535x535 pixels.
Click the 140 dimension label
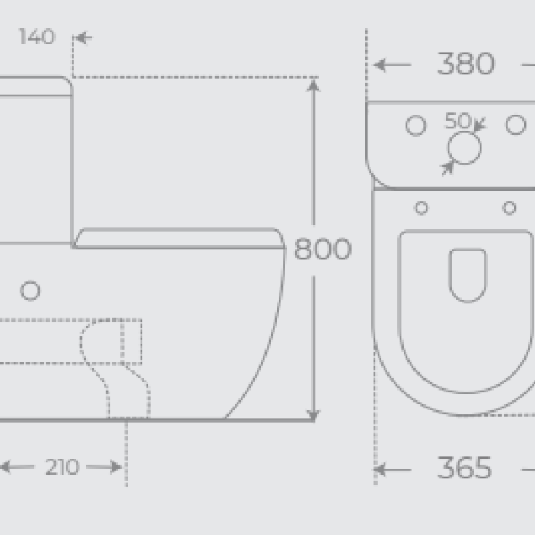click(37, 37)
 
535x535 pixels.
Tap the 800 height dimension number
click(323, 249)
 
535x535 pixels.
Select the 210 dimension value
click(62, 466)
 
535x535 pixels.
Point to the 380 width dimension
click(465, 63)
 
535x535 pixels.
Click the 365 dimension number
click(465, 468)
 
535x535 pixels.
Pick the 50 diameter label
click(458, 121)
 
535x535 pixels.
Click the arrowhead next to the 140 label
click(83, 37)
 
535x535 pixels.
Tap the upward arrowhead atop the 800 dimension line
click(313, 86)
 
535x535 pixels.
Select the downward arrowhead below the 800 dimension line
click(313, 416)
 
